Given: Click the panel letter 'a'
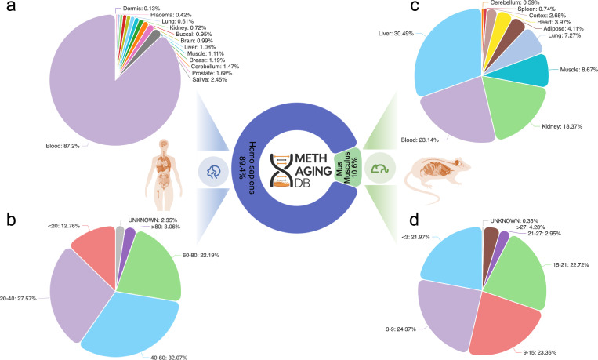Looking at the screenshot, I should [9, 9].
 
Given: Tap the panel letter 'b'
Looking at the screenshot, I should [9, 194].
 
